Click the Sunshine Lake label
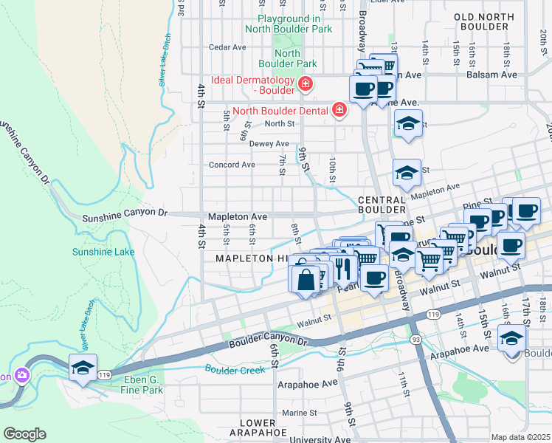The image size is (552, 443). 103,252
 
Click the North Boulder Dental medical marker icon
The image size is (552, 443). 339,111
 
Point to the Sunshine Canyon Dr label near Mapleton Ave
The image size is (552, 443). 125,214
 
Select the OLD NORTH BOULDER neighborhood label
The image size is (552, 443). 483,21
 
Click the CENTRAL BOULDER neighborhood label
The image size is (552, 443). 382,206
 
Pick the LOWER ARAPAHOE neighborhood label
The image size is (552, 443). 258,427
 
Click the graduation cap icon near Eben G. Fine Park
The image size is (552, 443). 83,367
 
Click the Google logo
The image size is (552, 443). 24,434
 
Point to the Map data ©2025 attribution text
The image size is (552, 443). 520,437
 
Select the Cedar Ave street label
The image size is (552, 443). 227,47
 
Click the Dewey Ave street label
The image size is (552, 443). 269,144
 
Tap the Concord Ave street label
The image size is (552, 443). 232,165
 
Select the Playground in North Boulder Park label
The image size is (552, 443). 294,24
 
